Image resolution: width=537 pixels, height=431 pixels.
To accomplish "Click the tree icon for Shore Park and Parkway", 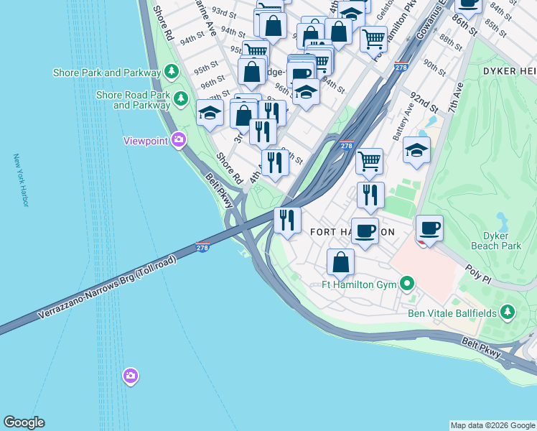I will click(171, 72).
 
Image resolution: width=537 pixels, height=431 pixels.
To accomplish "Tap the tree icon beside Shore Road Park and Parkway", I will click(181, 98).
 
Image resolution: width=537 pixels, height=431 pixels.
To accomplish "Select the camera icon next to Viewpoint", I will click(178, 140).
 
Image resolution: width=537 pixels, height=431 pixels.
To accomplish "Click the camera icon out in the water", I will click(130, 376).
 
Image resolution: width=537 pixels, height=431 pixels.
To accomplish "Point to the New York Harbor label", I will click(20, 180).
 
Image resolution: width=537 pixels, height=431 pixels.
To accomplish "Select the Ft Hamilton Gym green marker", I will click(407, 284).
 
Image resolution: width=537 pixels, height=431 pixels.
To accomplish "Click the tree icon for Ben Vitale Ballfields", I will click(508, 311).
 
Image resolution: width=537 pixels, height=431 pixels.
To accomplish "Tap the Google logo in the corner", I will click(24, 422).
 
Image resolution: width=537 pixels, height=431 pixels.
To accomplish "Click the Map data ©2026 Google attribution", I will click(492, 425).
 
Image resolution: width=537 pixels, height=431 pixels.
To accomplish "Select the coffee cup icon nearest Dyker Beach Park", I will click(430, 229).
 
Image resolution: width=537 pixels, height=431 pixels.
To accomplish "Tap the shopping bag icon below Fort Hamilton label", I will click(340, 261).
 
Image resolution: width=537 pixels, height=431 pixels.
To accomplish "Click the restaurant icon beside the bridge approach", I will click(287, 220).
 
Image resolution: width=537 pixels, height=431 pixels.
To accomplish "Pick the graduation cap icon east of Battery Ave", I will click(416, 151).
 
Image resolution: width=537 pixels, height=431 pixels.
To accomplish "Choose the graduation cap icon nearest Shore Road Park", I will click(210, 113).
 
